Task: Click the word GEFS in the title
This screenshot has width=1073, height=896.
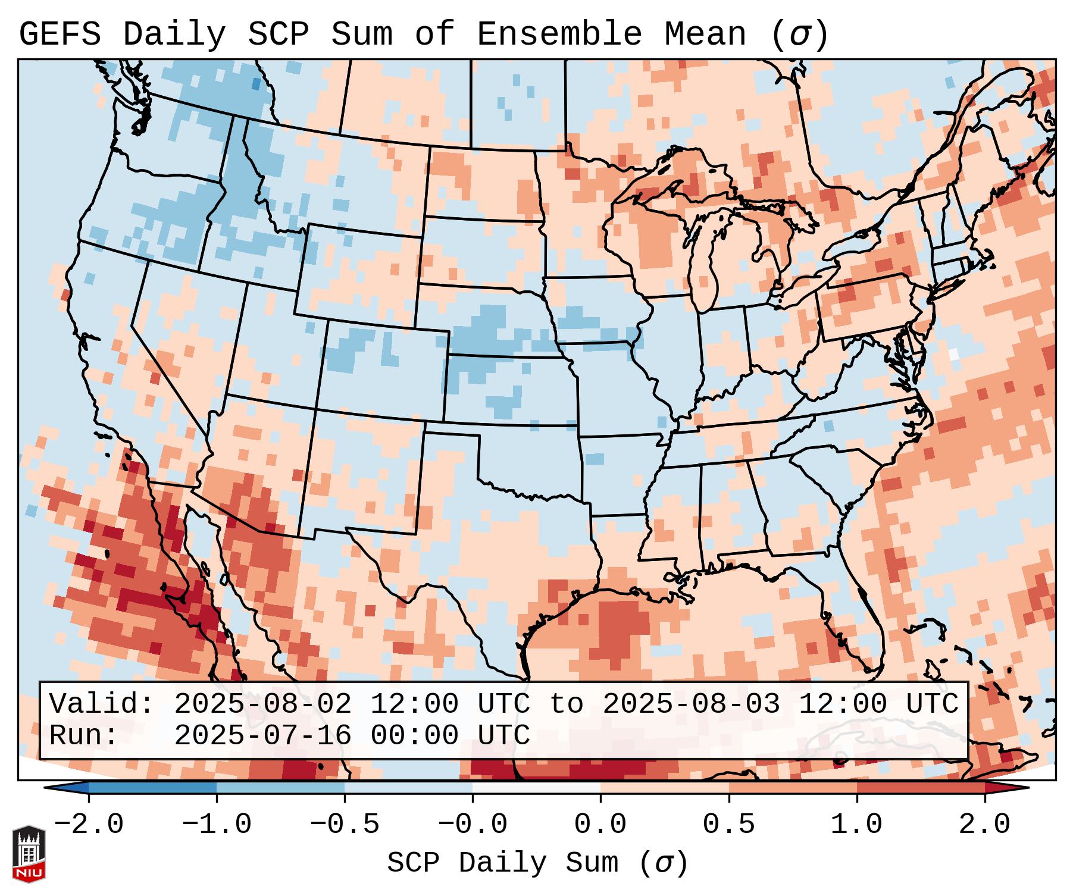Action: tap(60, 34)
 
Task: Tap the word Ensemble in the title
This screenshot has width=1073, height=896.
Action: tap(559, 34)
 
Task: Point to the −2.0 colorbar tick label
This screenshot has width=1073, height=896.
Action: tap(89, 825)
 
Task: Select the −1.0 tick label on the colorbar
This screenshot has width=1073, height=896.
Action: tap(217, 825)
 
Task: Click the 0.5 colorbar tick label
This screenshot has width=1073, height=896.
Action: tap(728, 825)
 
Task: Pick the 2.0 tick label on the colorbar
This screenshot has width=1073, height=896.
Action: tap(984, 825)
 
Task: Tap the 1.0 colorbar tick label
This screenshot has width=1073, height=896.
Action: tap(856, 825)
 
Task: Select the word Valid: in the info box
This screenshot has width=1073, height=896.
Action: tap(102, 704)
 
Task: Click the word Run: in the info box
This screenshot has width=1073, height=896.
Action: tap(84, 735)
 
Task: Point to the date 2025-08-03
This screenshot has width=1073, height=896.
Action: tap(691, 704)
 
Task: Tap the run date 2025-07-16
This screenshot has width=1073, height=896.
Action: tap(262, 735)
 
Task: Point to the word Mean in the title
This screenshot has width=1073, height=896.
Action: tap(705, 34)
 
